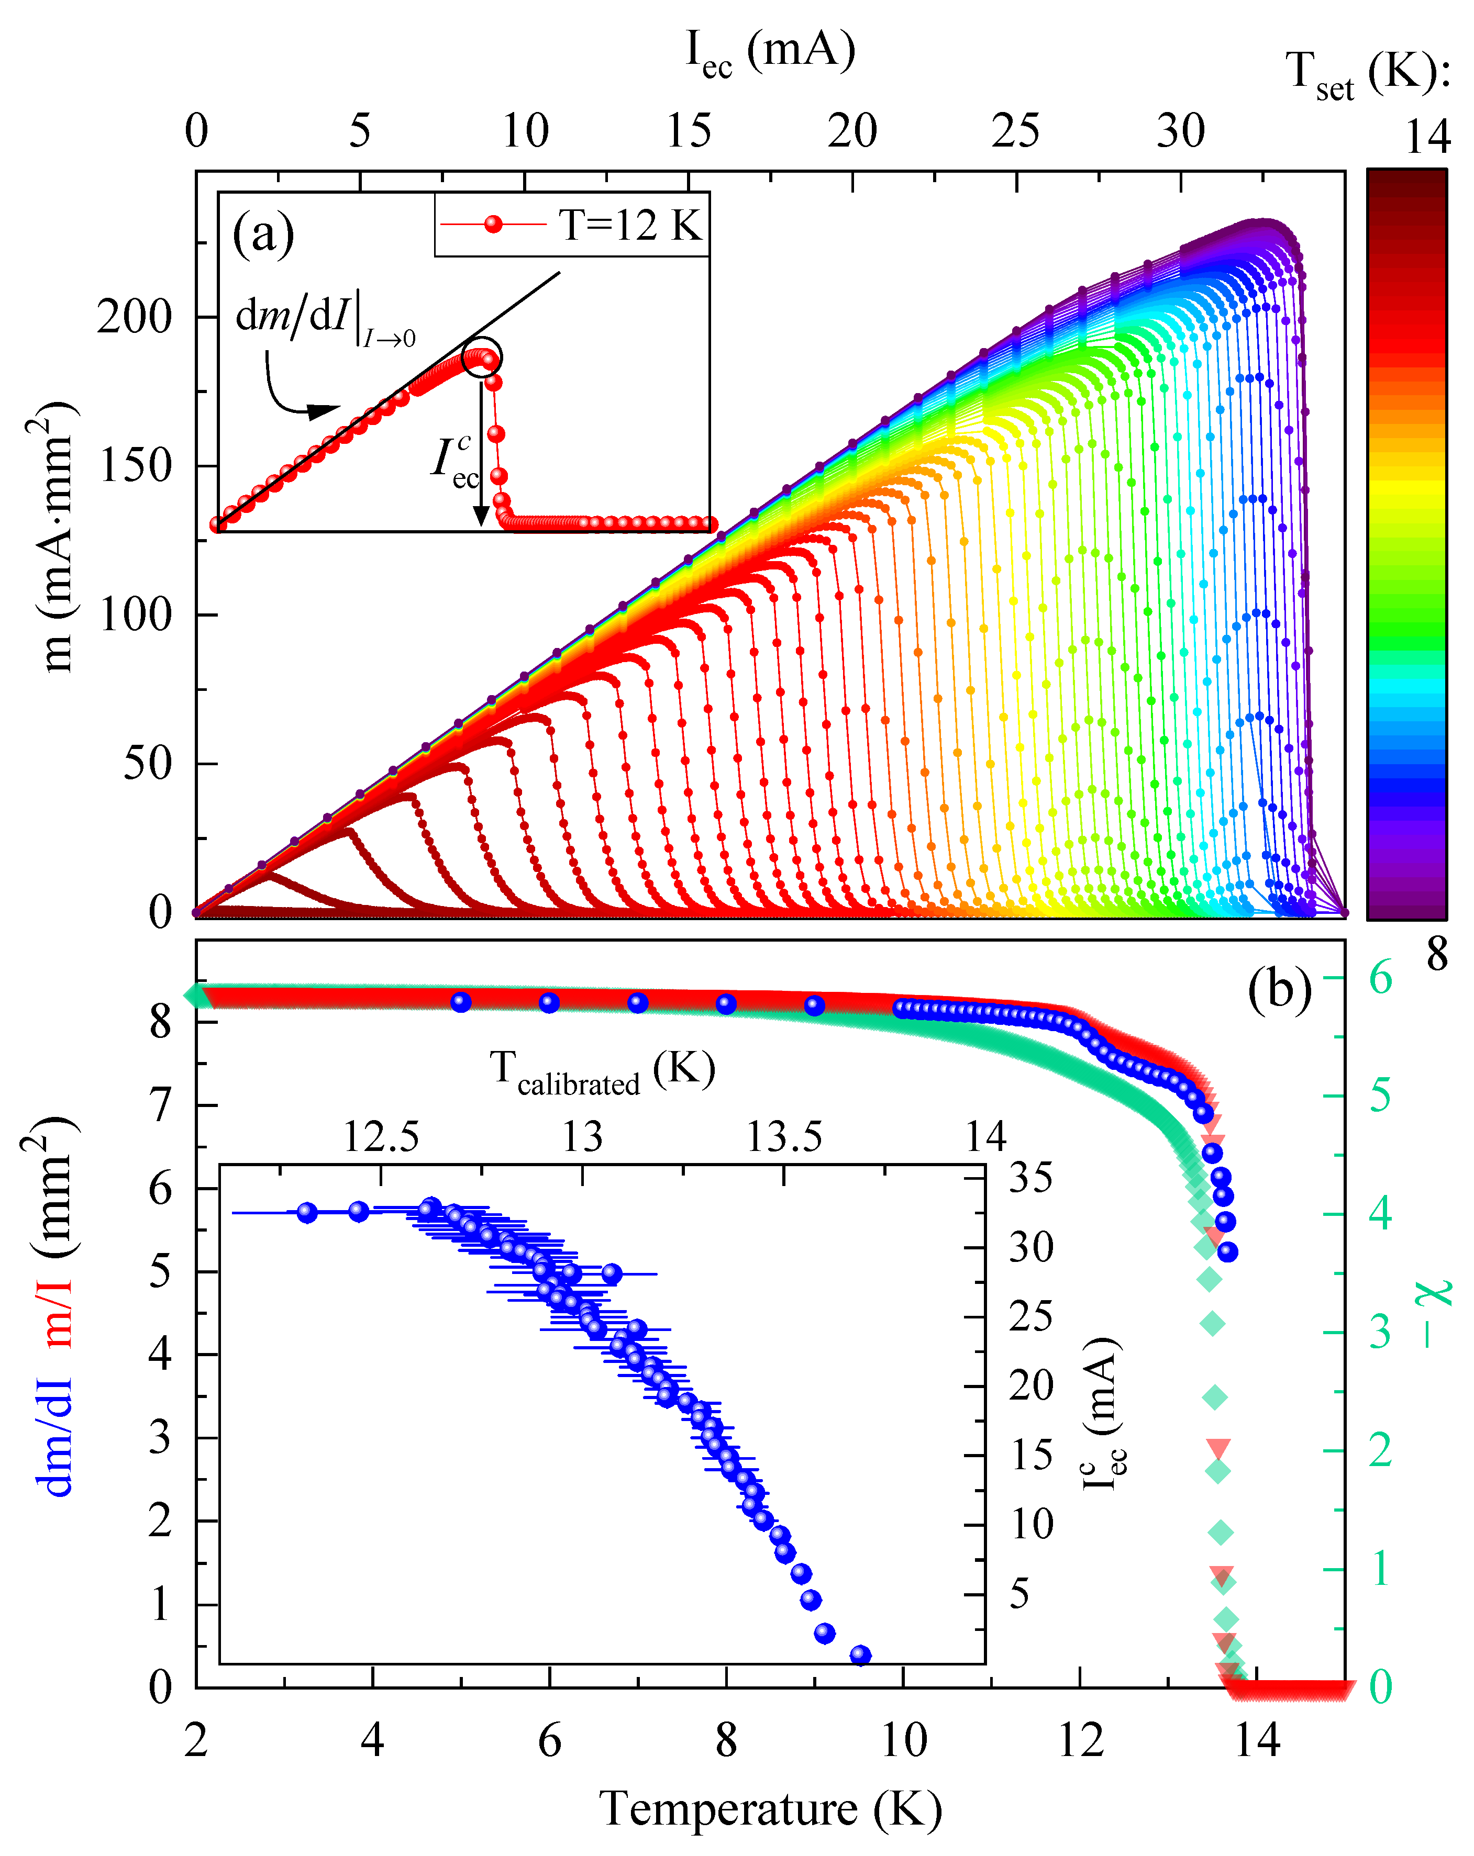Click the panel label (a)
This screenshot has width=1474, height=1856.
[263, 233]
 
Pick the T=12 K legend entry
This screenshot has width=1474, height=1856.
[572, 225]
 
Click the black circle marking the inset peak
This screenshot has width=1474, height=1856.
[481, 357]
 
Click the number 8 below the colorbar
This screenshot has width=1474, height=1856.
[1437, 954]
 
